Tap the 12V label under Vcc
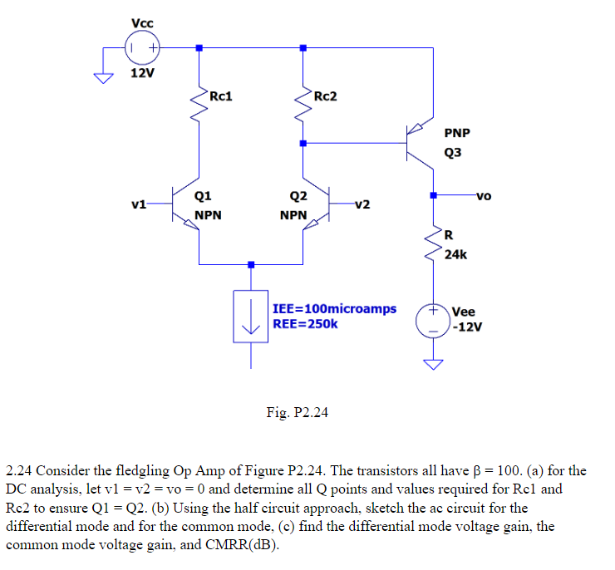(142, 73)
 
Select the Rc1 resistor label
(220, 96)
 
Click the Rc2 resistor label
(325, 96)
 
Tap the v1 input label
(139, 204)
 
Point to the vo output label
(484, 196)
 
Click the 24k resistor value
(455, 255)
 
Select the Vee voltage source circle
(433, 320)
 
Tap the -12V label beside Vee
(467, 327)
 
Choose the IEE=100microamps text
(334, 308)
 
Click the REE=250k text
(305, 323)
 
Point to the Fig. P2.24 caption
(297, 411)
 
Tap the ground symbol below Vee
(433, 364)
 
